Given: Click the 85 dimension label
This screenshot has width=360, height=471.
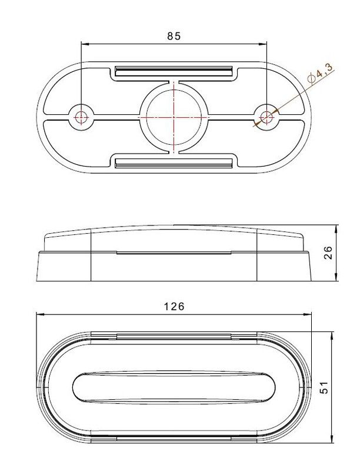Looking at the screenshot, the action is tap(174, 36).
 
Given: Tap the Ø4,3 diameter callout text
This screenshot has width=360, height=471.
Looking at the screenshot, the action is tap(321, 74).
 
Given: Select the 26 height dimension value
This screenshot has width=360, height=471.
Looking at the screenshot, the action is tap(328, 253).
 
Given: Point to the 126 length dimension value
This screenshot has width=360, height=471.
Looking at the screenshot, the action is tap(174, 306).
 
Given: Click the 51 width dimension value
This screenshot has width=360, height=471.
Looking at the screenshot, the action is tap(324, 387).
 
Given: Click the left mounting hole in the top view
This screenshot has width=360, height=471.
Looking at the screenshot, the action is tap(81, 117).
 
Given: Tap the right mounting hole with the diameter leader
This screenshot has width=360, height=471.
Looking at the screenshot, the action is tap(266, 117).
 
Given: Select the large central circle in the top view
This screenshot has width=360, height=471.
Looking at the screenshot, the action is tap(174, 117).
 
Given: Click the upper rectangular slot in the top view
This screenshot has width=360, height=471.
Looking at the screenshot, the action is tap(174, 71).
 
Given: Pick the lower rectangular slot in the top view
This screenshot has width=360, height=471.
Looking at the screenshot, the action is tap(174, 162).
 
